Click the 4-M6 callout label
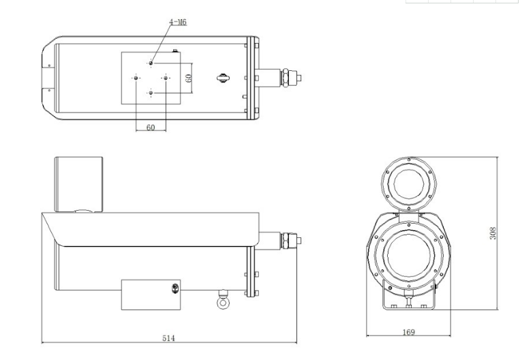pos(178,22)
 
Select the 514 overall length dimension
pos(168,338)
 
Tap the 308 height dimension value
pos(493,233)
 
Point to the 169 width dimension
pos(409,332)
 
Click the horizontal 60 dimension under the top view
pos(151,127)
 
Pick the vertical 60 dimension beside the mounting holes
pos(188,78)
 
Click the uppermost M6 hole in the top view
pos(151,63)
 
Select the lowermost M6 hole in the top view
pos(151,93)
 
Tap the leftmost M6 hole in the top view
pos(136,78)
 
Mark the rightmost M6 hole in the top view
pos(166,78)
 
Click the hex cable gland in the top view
pos(285,78)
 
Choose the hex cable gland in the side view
pos(285,241)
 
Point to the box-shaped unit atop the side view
pos(78,185)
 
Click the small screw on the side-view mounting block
pos(175,288)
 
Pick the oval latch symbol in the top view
pos(223,78)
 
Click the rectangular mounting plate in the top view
pos(151,78)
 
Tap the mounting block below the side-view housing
pos(151,295)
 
